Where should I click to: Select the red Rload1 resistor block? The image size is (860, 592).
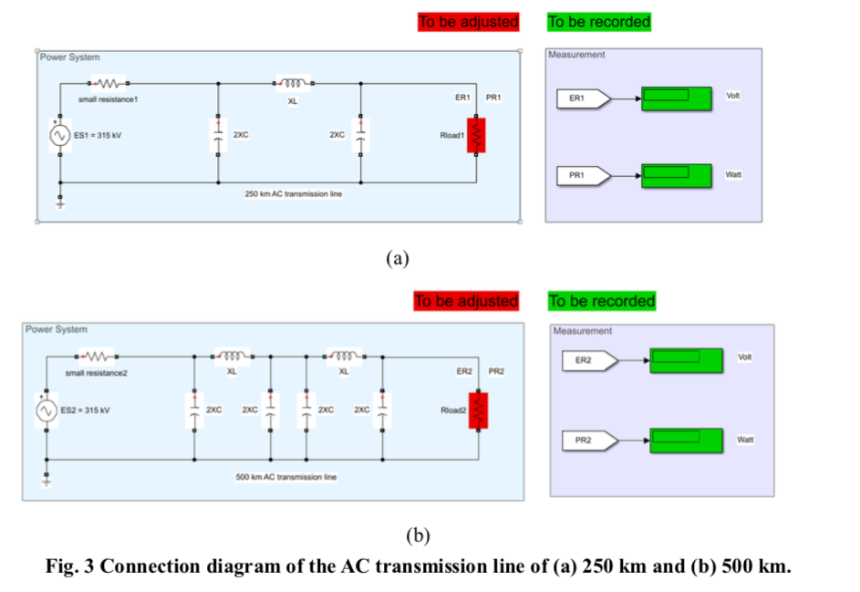476,136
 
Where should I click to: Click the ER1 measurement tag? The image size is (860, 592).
582,98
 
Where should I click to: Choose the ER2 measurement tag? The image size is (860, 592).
588,360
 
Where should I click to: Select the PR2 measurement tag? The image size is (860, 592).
588,441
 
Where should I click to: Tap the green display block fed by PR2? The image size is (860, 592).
686,441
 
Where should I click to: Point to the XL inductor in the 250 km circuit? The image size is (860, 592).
293,84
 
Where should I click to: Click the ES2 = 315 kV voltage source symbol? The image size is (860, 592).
47,410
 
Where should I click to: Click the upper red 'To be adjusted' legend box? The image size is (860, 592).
468,21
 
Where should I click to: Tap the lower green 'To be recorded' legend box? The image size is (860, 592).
602,301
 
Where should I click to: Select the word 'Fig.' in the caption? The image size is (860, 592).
65,566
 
